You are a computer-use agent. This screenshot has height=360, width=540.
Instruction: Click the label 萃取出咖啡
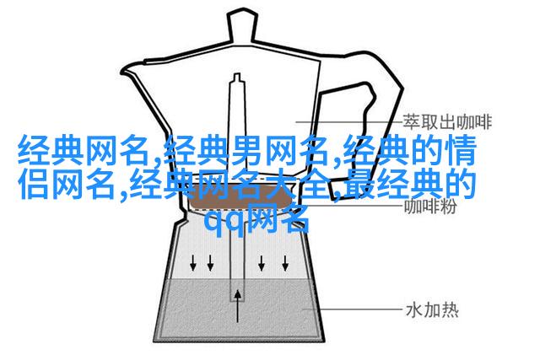pos(447,122)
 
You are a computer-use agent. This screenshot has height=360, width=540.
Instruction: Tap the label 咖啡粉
pos(430,207)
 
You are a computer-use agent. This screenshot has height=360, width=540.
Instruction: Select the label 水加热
pos(432,310)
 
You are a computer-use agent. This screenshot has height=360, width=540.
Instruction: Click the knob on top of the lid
pos(242,27)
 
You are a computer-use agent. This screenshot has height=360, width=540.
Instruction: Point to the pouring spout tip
pos(121,73)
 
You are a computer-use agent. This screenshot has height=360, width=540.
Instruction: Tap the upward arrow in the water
pos(237,306)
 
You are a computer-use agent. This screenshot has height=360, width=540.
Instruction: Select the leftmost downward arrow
pos(193,263)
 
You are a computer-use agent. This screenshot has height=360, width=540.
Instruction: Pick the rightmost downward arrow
pos(285,263)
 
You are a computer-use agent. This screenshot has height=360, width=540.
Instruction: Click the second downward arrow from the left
pos(210,263)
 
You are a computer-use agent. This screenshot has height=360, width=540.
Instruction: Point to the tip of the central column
pos(236,74)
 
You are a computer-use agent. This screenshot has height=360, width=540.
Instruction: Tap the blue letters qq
pos(224,221)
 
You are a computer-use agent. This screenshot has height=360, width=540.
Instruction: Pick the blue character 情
pos(460,150)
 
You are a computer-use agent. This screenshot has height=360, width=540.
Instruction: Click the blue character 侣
pos(34,185)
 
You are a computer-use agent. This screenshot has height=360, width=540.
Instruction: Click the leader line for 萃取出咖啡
pos(348,121)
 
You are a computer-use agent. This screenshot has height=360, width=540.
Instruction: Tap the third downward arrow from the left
pos(262,263)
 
